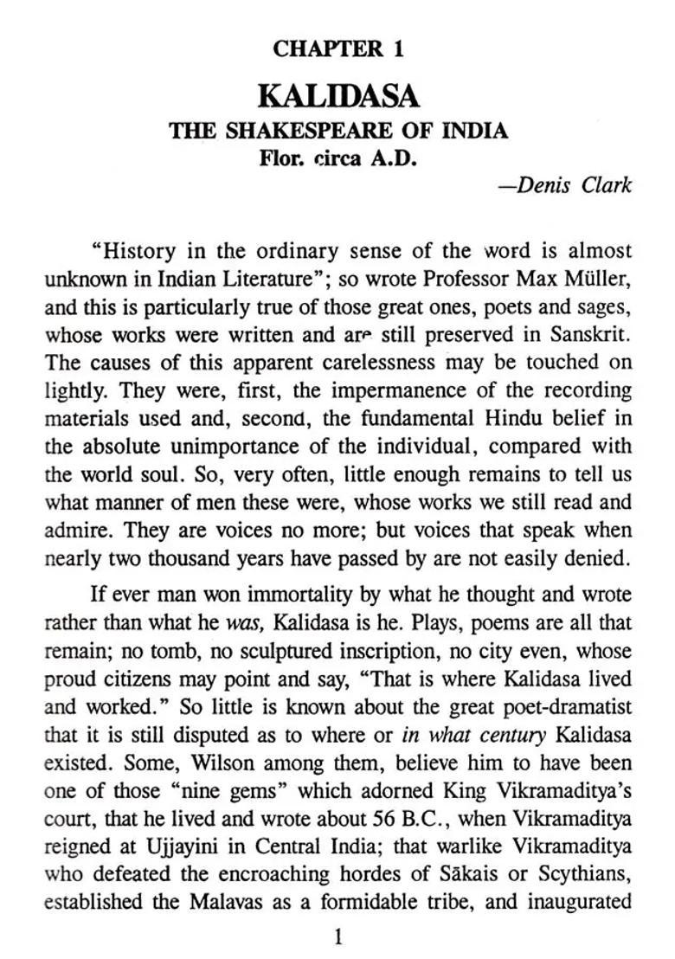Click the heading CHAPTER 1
[x=337, y=49]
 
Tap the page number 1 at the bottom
[x=338, y=936]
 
